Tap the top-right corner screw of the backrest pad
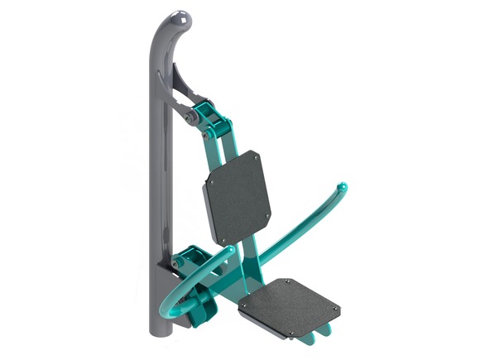(x=257, y=155)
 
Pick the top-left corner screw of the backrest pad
(x=210, y=183)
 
